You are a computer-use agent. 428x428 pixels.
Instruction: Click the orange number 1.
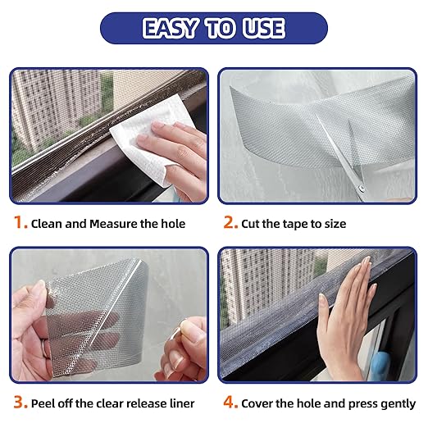click(x=17, y=223)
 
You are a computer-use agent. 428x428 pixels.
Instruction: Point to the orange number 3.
click(x=17, y=403)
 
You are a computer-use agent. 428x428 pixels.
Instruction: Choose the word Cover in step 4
click(x=260, y=403)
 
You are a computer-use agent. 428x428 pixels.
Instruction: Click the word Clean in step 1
click(x=48, y=224)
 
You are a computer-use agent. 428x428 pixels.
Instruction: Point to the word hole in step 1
click(x=170, y=224)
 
